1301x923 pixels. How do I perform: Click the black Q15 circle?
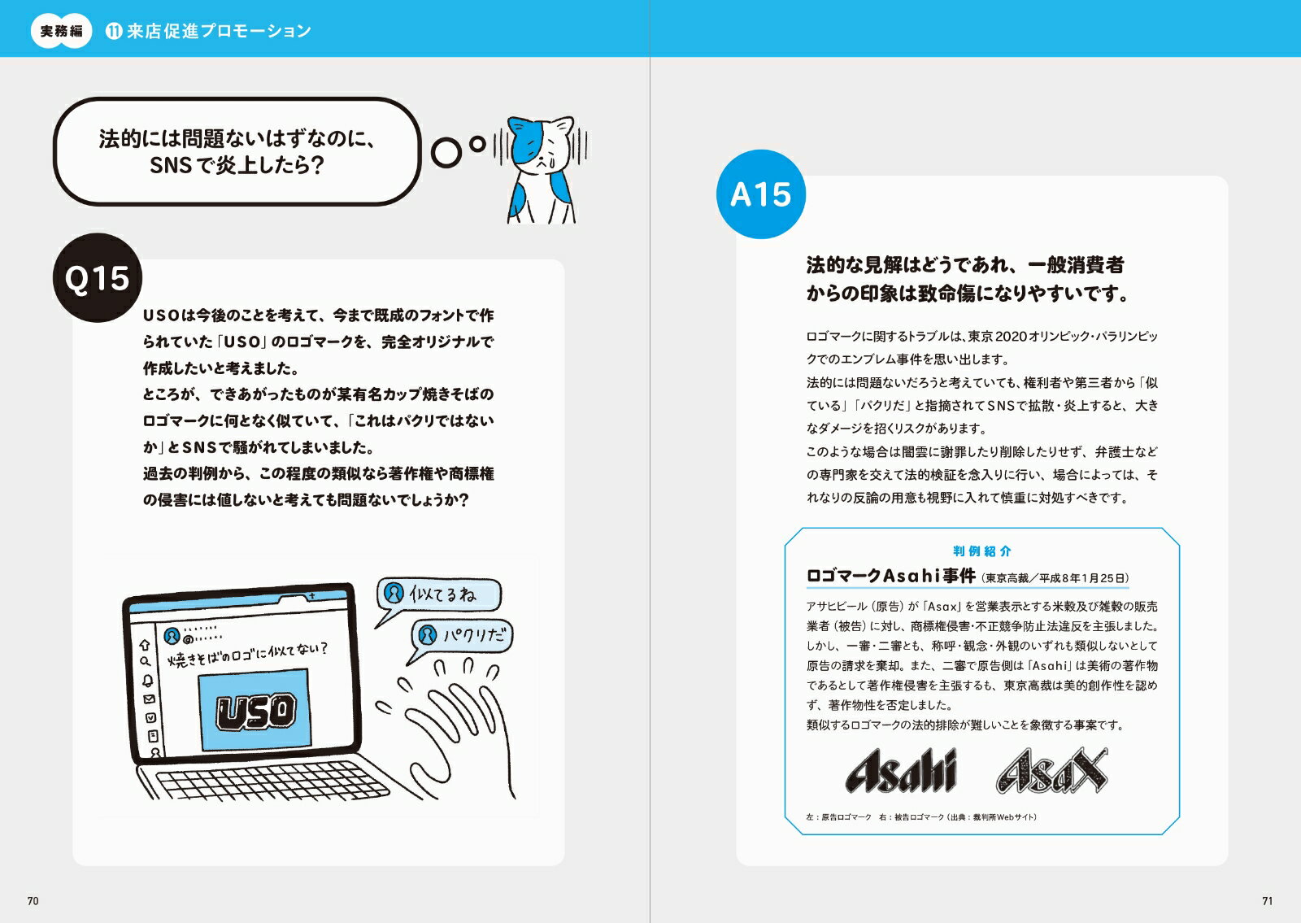coord(97,277)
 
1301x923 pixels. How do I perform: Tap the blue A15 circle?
coord(761,194)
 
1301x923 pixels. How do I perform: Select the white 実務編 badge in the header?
coord(62,31)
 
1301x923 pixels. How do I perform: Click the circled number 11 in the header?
coord(114,31)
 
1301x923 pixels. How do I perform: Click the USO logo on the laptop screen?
coord(256,711)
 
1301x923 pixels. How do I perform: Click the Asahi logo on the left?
coord(901,770)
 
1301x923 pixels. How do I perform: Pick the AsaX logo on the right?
coord(1052,770)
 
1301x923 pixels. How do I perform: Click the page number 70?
coord(33,901)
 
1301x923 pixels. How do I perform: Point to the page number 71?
coord(1268,901)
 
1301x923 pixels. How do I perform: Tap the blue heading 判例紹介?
coord(982,551)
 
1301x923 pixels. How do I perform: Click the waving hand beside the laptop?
coord(453,726)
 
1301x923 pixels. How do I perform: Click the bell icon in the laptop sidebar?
coord(148,680)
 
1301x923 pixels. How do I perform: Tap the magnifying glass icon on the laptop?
coord(146,661)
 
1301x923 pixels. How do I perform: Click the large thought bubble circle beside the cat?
coord(446,152)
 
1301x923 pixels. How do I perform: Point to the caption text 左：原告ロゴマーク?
coord(838,817)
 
